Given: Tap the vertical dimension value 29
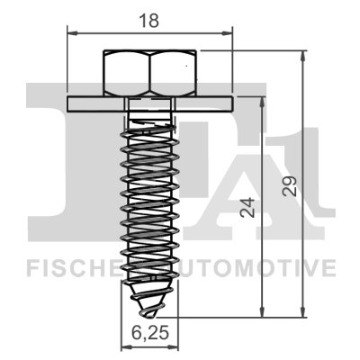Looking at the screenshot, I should (x=289, y=184).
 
